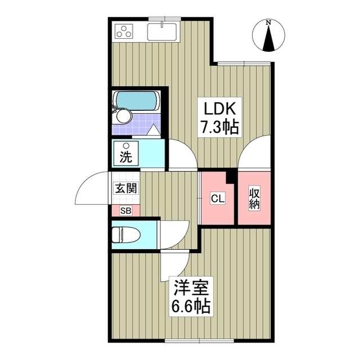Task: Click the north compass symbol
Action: pyautogui.click(x=269, y=37)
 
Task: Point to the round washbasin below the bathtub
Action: pyautogui.click(x=123, y=116)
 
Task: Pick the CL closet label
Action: pyautogui.click(x=217, y=198)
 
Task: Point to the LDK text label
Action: pyautogui.click(x=218, y=109)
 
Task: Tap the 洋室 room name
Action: pyautogui.click(x=191, y=289)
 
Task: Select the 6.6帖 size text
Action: pyautogui.click(x=191, y=307)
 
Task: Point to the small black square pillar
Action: pyautogui.click(x=230, y=177)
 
